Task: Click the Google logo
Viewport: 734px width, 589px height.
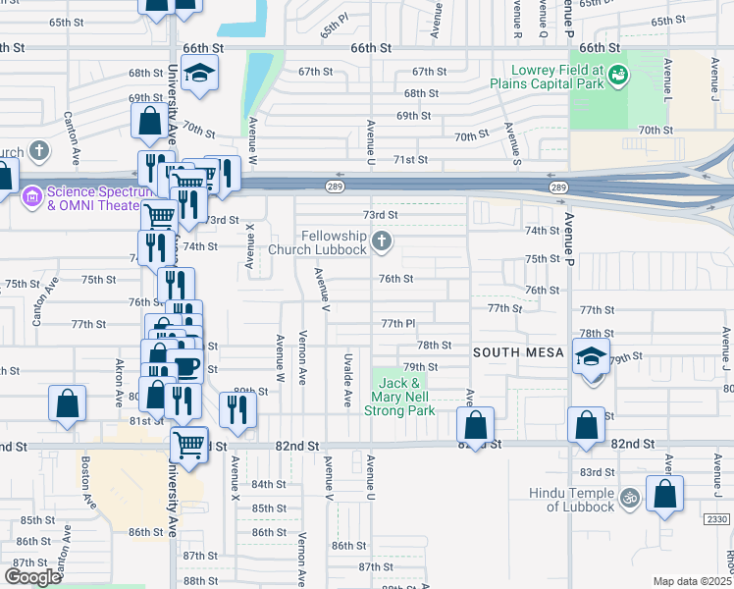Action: tap(32, 576)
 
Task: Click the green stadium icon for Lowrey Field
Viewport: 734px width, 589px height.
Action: tap(617, 73)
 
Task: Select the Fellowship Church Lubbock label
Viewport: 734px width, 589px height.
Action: tap(333, 242)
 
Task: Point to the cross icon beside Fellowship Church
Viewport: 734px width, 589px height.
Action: tap(383, 241)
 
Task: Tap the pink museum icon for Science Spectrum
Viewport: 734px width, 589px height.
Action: tap(31, 196)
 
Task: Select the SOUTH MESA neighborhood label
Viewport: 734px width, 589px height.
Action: tap(519, 351)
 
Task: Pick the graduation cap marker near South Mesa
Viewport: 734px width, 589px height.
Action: tap(592, 357)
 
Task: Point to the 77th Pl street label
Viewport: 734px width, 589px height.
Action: tap(399, 323)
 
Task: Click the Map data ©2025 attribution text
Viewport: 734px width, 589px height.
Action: tap(692, 581)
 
